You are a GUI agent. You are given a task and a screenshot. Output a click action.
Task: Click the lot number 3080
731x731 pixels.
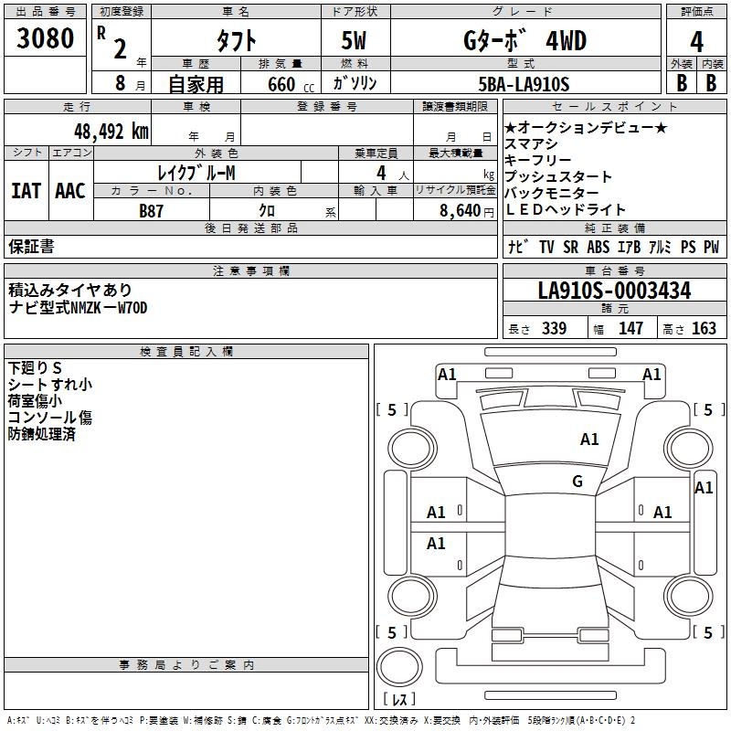45,38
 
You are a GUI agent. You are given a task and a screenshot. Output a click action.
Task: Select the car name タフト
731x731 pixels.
236,42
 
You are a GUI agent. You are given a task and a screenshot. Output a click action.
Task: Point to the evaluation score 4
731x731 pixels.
696,42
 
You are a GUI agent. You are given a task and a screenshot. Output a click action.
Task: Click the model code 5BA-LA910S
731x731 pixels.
524,84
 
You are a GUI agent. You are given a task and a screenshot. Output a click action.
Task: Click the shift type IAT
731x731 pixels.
26,190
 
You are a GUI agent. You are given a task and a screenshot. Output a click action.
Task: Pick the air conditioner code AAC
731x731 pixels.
70,190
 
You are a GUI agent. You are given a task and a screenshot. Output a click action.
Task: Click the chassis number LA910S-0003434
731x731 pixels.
614,291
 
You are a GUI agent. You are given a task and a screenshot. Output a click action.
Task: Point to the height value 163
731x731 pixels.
704,329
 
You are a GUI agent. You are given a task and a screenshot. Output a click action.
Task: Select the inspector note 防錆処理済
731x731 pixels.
42,434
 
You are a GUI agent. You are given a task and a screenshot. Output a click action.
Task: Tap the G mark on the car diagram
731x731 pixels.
577,482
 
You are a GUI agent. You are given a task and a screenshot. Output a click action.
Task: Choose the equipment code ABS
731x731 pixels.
599,247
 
